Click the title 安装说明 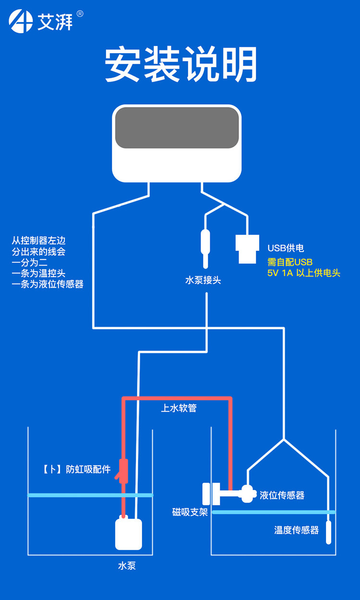[181, 65]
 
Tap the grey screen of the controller [177, 128]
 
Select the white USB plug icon [247, 249]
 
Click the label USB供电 [286, 248]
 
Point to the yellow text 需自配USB [290, 263]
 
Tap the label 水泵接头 [203, 280]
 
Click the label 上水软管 [179, 408]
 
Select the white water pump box [129, 534]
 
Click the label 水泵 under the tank [127, 565]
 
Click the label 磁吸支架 [190, 512]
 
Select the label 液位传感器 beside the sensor [282, 495]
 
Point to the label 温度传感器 [297, 530]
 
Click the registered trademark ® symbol [80, 14]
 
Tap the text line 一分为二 [30, 263]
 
